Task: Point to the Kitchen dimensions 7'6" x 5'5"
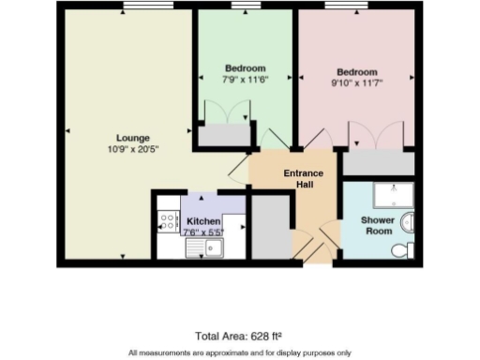[203, 232]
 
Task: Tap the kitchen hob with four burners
[169, 223]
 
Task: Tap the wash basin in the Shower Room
[409, 223]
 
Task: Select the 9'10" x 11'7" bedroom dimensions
[357, 83]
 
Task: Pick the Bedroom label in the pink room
[357, 72]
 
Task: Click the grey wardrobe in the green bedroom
[221, 136]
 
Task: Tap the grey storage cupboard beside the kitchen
[272, 227]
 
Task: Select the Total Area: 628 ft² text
[239, 335]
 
